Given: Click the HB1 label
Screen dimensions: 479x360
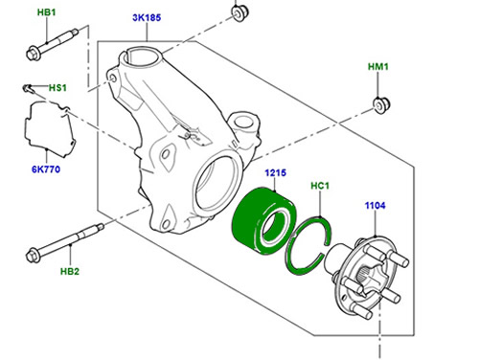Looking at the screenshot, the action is pos(47,12).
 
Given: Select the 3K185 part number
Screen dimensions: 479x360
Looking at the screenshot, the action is pos(147,17).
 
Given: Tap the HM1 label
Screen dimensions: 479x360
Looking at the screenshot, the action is pos(378,67).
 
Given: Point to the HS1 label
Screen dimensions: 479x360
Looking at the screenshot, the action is pos(57,87).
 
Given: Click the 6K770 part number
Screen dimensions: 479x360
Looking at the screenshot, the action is pos(46,169).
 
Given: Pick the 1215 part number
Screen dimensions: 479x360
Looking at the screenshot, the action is pos(275,173).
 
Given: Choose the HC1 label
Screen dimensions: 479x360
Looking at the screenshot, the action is pos(320,186).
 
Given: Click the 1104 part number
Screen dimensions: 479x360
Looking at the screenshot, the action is pos(376,205).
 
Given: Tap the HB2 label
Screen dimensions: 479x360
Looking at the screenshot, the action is pos(70,271).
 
